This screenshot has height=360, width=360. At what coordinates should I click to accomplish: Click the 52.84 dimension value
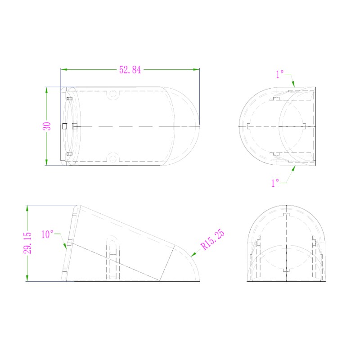[130, 70]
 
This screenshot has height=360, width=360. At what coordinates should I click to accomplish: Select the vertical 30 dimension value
[47, 126]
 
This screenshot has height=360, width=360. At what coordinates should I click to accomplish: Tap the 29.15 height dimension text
[27, 243]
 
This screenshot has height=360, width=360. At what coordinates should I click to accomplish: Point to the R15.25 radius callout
[212, 239]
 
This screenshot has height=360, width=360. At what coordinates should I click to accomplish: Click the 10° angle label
[47, 234]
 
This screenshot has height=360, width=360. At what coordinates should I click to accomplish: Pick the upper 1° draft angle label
[280, 74]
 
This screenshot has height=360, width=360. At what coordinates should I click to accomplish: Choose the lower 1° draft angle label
[275, 183]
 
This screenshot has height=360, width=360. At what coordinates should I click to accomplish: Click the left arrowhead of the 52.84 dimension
[64, 69]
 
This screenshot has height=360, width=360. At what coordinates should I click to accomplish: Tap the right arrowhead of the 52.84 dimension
[196, 69]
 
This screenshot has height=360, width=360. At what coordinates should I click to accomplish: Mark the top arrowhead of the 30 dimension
[46, 90]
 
